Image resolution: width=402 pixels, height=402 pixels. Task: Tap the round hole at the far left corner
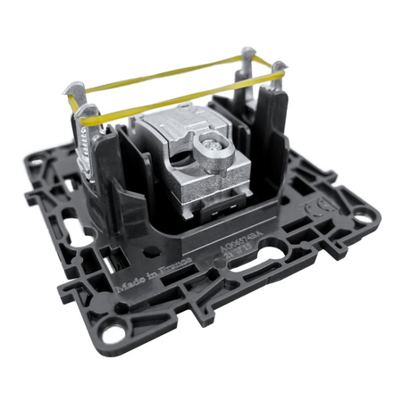[37, 164]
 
